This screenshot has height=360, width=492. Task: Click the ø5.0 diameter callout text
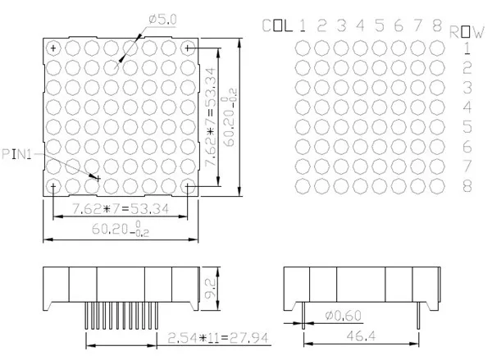pos(162,20)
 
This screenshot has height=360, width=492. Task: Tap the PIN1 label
pos(16,154)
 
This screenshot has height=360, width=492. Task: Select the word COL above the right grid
pos(277,25)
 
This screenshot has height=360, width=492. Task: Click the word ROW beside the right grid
pos(467,32)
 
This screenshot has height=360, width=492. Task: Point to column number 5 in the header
pos(380,25)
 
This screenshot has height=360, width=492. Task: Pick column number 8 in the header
pos(437,25)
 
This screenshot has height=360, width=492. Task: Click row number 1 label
pos(467,48)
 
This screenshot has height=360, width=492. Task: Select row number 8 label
pos(467,186)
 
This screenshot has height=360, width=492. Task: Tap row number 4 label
pos(467,107)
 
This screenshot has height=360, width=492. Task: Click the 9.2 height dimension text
pos(211,289)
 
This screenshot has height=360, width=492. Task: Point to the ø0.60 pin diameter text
pos(343,316)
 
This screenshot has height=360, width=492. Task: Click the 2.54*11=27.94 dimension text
pos(218,338)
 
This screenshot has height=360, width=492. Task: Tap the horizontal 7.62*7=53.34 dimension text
pos(121,209)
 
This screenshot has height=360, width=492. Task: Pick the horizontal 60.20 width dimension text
pos(121,229)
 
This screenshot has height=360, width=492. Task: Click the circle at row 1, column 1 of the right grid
pos(303,48)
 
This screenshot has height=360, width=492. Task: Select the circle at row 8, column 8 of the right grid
pos(437,186)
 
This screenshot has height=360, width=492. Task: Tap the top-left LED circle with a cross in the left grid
pos(53,48)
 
